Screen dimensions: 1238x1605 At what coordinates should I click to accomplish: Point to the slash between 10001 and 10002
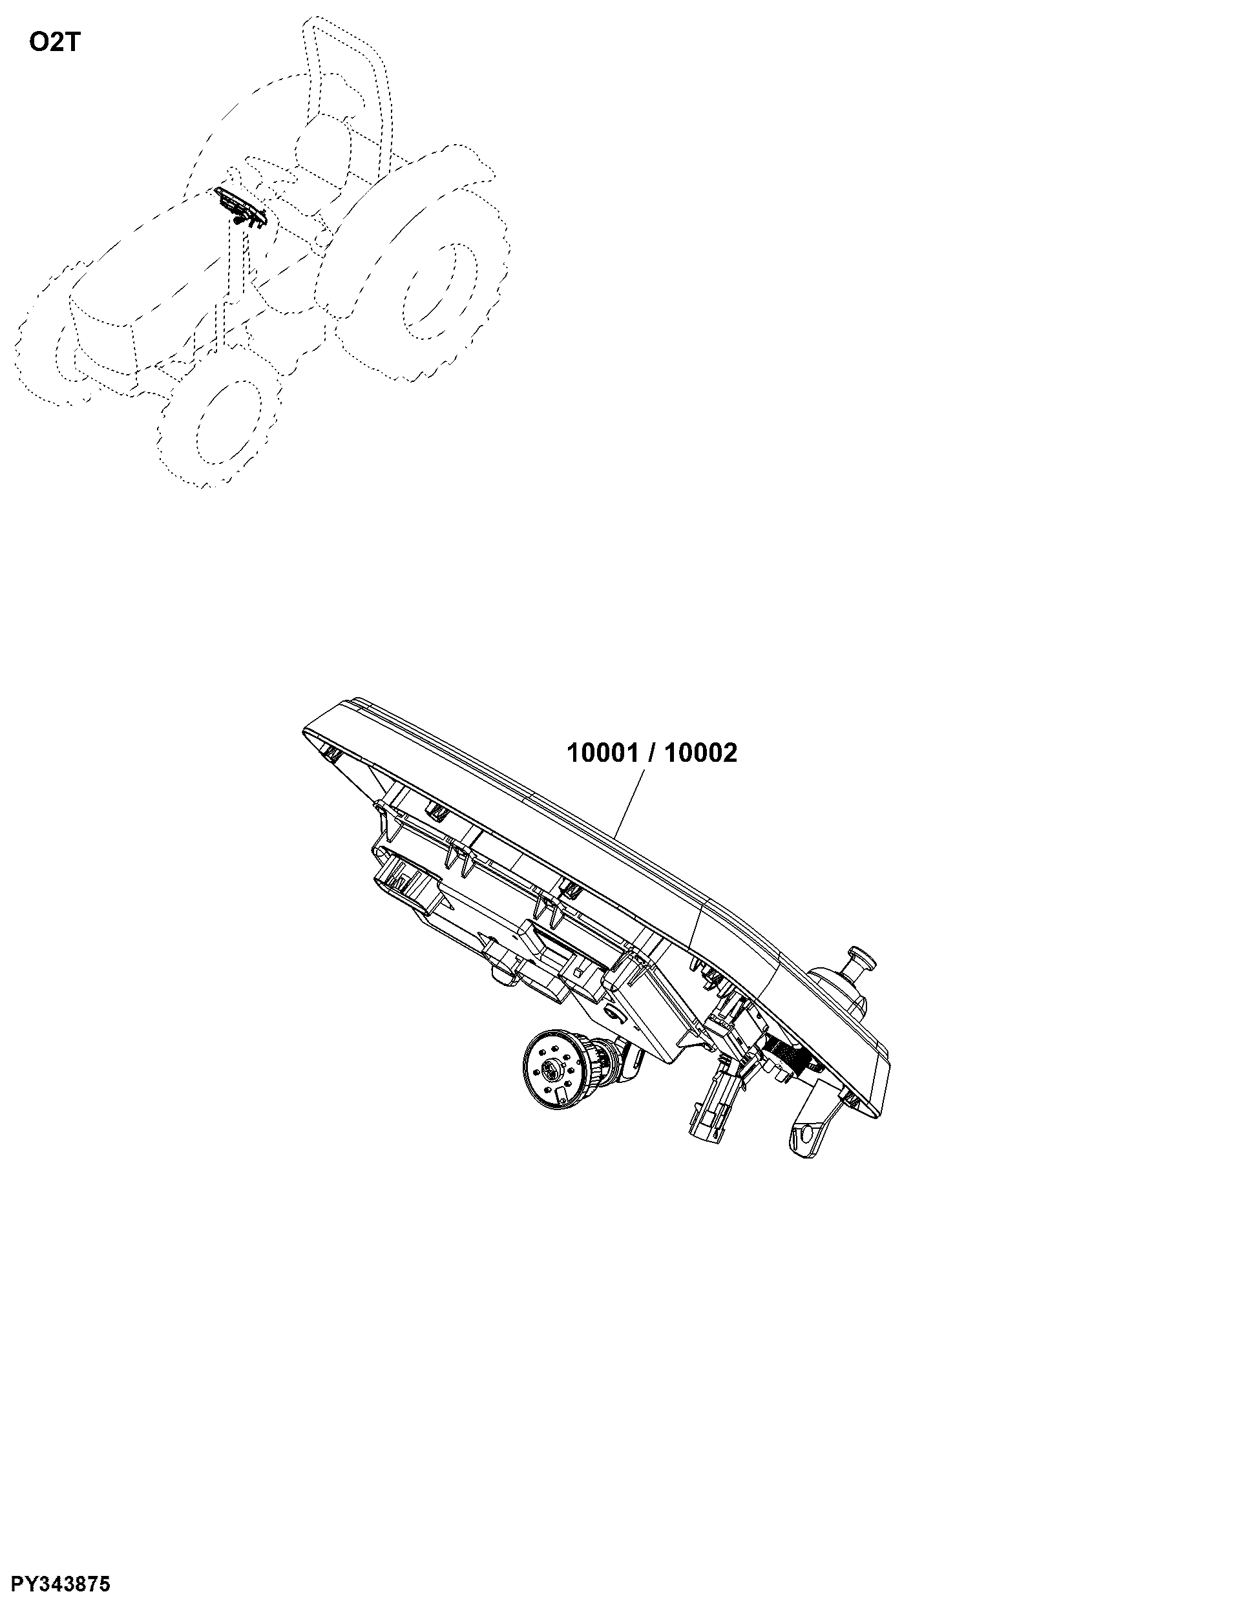coord(652,753)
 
